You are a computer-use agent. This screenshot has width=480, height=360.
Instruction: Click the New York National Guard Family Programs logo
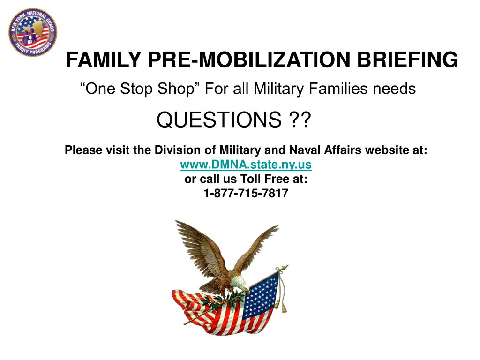pyautogui.click(x=33, y=31)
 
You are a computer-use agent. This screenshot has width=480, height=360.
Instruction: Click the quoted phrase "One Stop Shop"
pyautogui.click(x=138, y=88)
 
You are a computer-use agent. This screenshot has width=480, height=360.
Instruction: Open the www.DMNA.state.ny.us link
pyautogui.click(x=246, y=165)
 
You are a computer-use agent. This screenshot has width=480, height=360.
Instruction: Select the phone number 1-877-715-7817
pyautogui.click(x=246, y=193)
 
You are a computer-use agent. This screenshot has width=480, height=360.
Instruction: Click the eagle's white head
pyautogui.click(x=240, y=281)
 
